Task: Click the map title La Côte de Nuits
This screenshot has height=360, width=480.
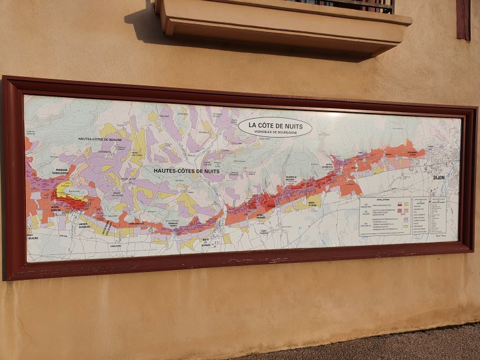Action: click(x=275, y=125)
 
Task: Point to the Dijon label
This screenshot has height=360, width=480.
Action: click(x=438, y=177)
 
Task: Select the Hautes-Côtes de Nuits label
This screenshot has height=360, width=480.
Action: click(x=187, y=171)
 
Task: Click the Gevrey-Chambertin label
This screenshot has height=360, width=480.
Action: click(x=326, y=166)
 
